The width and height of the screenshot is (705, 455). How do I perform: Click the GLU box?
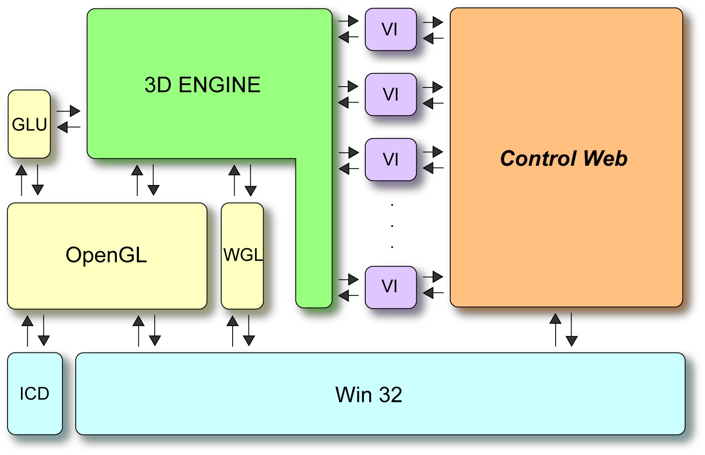click(29, 124)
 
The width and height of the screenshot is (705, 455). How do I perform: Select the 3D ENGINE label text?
click(203, 85)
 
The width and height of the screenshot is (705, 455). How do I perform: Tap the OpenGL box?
click(107, 255)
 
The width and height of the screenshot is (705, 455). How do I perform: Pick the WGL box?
click(242, 255)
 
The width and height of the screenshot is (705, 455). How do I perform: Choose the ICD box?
click(35, 393)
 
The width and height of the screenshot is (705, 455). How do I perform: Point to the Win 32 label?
click(369, 395)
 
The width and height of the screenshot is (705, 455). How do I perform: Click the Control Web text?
click(564, 159)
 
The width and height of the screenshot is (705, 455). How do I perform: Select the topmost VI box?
click(390, 29)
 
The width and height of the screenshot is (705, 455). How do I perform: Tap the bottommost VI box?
click(390, 287)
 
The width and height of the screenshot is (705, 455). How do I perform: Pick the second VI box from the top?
click(390, 95)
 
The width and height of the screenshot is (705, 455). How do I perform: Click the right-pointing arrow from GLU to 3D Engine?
click(69, 111)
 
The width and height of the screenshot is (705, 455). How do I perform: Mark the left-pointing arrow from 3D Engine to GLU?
click(69, 127)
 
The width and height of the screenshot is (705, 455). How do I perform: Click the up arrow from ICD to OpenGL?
click(28, 331)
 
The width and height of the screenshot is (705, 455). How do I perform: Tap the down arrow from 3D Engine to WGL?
click(251, 180)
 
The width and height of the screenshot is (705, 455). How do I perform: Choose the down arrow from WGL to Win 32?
click(249, 331)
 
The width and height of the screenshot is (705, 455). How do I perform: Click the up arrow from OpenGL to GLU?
click(21, 180)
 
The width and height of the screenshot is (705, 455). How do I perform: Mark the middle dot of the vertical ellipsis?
click(392, 226)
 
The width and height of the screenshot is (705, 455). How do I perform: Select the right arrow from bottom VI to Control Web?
click(433, 277)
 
